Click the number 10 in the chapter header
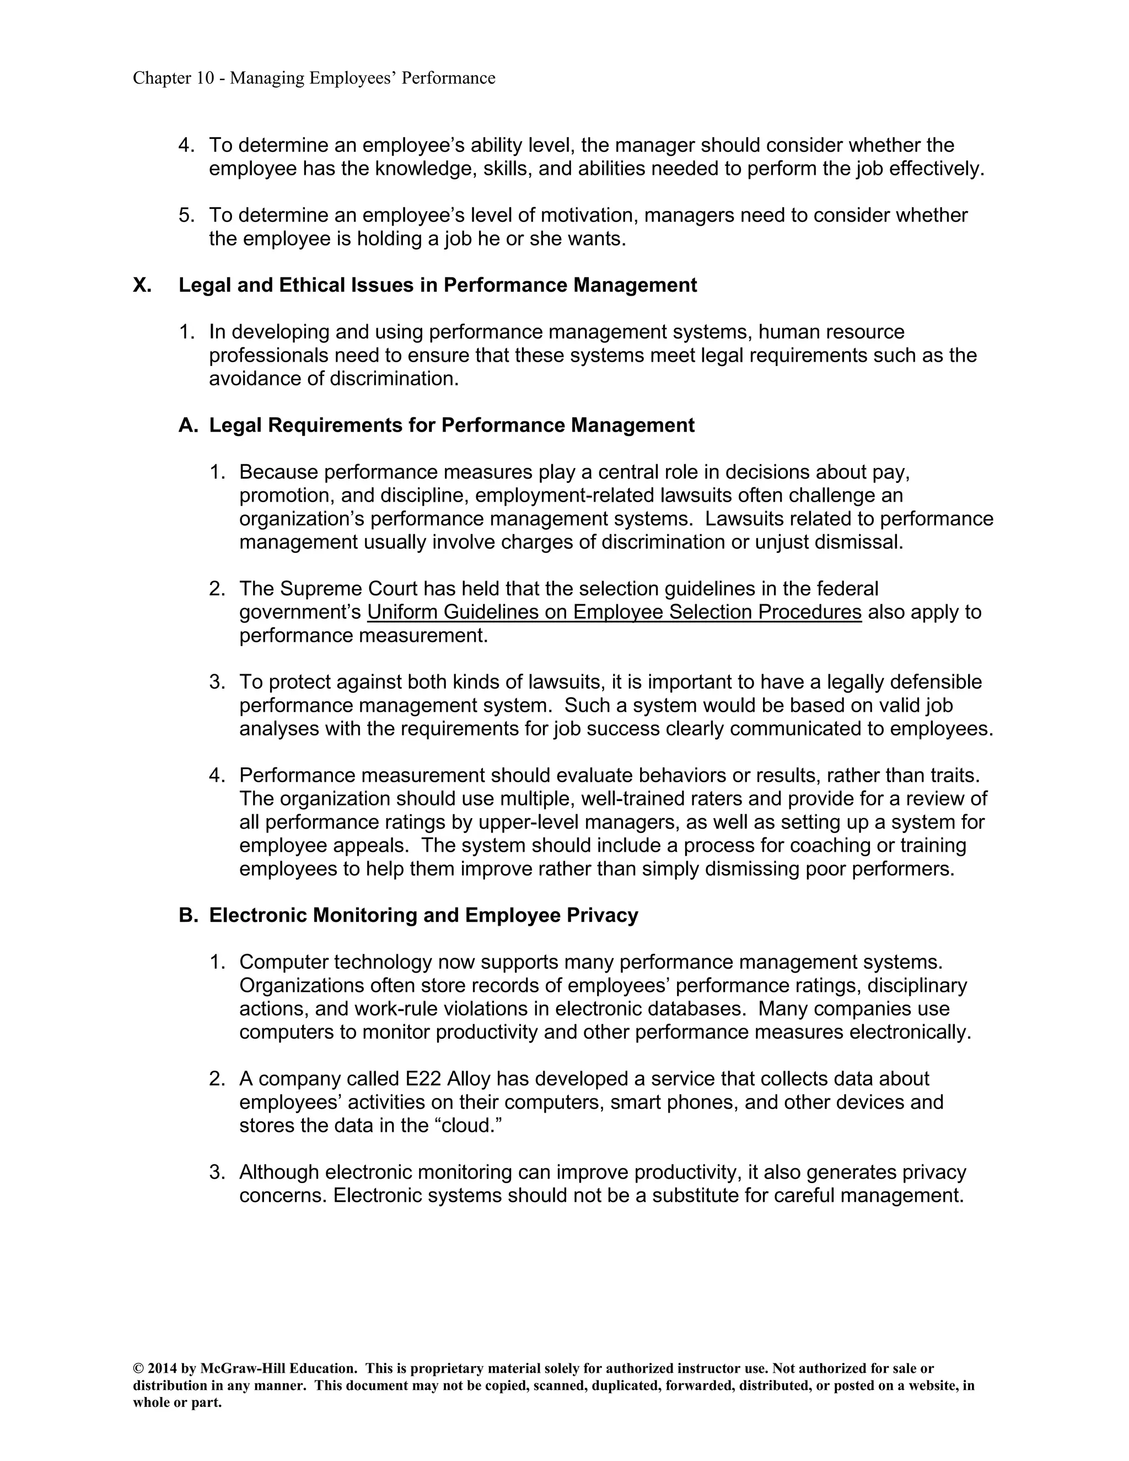[204, 78]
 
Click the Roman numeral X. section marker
[142, 285]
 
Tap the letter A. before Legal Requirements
[188, 426]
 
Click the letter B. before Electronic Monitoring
[188, 915]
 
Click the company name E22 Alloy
[448, 1079]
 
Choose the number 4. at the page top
[185, 145]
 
